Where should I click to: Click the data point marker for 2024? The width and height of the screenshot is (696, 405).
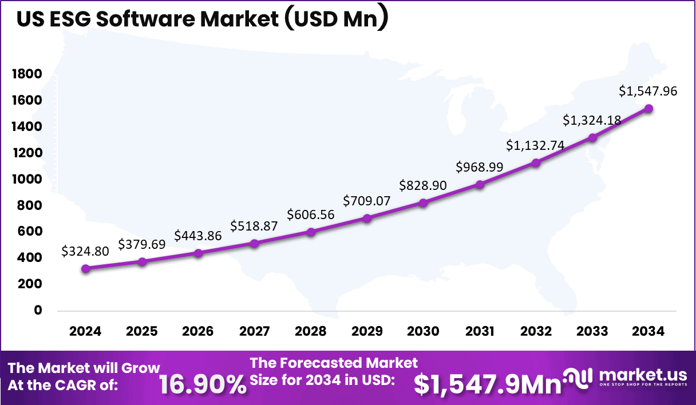[x=85, y=268]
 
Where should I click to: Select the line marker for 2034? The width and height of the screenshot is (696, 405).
[x=648, y=109]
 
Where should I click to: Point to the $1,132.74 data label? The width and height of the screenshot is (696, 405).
[x=535, y=146]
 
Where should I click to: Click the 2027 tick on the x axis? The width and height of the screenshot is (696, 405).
[x=254, y=331]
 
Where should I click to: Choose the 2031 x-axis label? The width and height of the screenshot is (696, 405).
[x=480, y=331]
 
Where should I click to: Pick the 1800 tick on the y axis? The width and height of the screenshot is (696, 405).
[x=27, y=74]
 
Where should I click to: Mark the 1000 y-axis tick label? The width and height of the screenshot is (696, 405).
[x=27, y=179]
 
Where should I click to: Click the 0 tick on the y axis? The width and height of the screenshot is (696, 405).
[x=38, y=310]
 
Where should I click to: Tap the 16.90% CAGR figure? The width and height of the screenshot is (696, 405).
[x=203, y=384]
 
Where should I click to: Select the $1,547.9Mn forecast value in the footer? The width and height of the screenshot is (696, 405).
[x=487, y=384]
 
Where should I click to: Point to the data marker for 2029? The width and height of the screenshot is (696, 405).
[x=367, y=218]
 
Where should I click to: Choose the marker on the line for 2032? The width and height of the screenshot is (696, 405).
[x=536, y=162]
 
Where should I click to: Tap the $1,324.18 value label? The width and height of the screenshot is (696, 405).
[x=591, y=120]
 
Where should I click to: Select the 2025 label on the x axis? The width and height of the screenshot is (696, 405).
[x=141, y=331]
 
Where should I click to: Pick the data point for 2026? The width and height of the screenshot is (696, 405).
[x=198, y=253]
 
